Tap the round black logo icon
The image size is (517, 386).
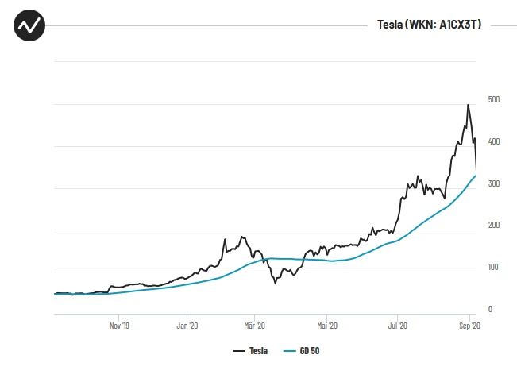coord(29,25)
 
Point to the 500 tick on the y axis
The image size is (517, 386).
coord(494,99)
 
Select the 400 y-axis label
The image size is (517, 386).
coord(494,141)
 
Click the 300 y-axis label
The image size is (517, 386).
coord(494,183)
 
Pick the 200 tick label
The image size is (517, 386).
coord(494,226)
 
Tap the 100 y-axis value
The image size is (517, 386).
coord(494,268)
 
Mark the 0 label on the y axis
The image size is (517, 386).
coord(490,310)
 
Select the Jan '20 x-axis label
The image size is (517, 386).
coord(187,326)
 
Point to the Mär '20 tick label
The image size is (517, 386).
coord(254,326)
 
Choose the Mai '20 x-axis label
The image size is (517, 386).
coord(326,326)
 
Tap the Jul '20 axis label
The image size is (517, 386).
coord(397,326)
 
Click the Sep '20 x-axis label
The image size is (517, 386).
coord(469,326)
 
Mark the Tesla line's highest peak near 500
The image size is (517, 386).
coord(468,105)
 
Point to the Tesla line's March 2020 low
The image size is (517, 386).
coord(276,283)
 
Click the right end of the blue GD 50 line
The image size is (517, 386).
coord(476,176)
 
